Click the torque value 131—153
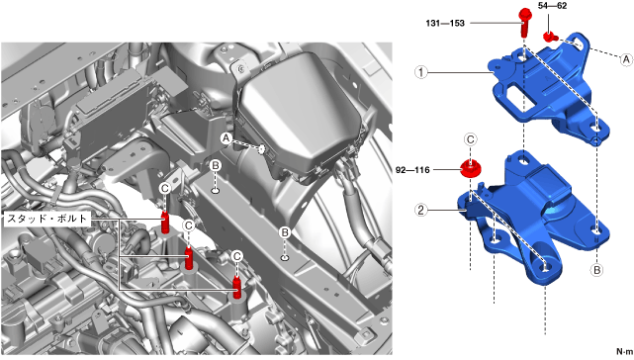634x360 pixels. coord(445,23)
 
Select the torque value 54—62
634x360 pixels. coord(552,6)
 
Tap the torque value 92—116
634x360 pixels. coord(412,170)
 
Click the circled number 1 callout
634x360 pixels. coord(421,72)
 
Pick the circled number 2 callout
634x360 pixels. coord(421,210)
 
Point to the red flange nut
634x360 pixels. coord(470,168)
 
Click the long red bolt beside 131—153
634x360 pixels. coord(524,22)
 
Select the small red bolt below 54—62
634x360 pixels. coord(550,37)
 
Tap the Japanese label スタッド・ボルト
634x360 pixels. coord(46,219)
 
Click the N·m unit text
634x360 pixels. coord(624,351)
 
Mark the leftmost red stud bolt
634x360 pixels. coord(165,223)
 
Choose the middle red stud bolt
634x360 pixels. coord(189,259)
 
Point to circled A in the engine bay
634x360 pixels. coord(226,138)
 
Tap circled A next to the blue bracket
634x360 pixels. coord(626,59)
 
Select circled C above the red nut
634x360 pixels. coord(470,139)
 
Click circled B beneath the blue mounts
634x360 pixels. coord(597,270)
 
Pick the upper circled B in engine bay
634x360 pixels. coord(216,165)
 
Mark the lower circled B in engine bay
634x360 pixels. coord(285,232)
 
